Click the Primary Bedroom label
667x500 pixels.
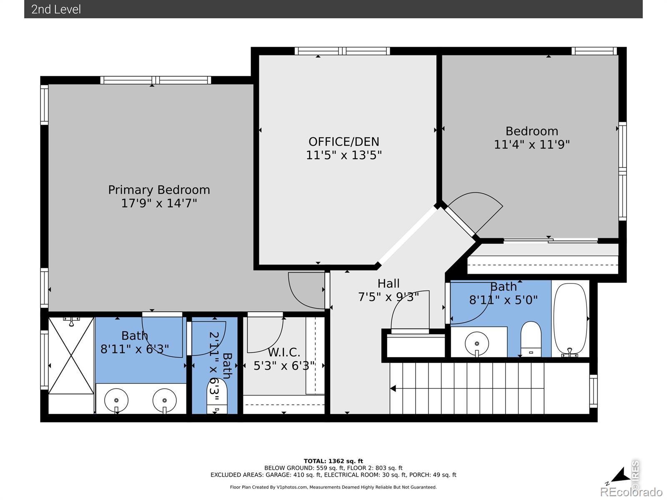click(x=159, y=190)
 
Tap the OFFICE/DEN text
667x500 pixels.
click(x=344, y=142)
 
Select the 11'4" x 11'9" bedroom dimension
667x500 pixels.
click(x=532, y=145)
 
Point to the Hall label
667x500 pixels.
click(x=389, y=284)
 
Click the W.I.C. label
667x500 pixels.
click(x=284, y=352)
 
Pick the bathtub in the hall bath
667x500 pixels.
click(x=570, y=319)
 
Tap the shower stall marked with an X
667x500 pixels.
click(x=71, y=355)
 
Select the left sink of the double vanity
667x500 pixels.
click(x=116, y=401)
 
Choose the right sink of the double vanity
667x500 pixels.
click(x=164, y=401)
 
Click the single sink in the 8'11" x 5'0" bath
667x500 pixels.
click(x=477, y=344)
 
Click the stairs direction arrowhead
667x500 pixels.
click(x=393, y=388)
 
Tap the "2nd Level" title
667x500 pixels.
click(x=56, y=10)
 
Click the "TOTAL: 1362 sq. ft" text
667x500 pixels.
click(x=333, y=461)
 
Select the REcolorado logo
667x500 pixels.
click(x=631, y=492)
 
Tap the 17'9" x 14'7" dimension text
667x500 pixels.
click(x=159, y=203)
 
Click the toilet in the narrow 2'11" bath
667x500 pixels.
click(x=217, y=397)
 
